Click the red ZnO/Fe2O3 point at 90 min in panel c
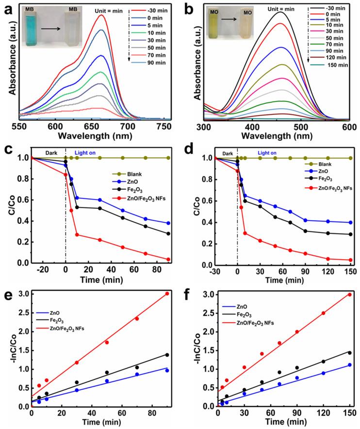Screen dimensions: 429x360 pos(168,259)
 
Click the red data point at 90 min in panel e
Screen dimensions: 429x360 pos(167,294)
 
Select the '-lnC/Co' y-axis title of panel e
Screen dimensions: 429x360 pos(9,348)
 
